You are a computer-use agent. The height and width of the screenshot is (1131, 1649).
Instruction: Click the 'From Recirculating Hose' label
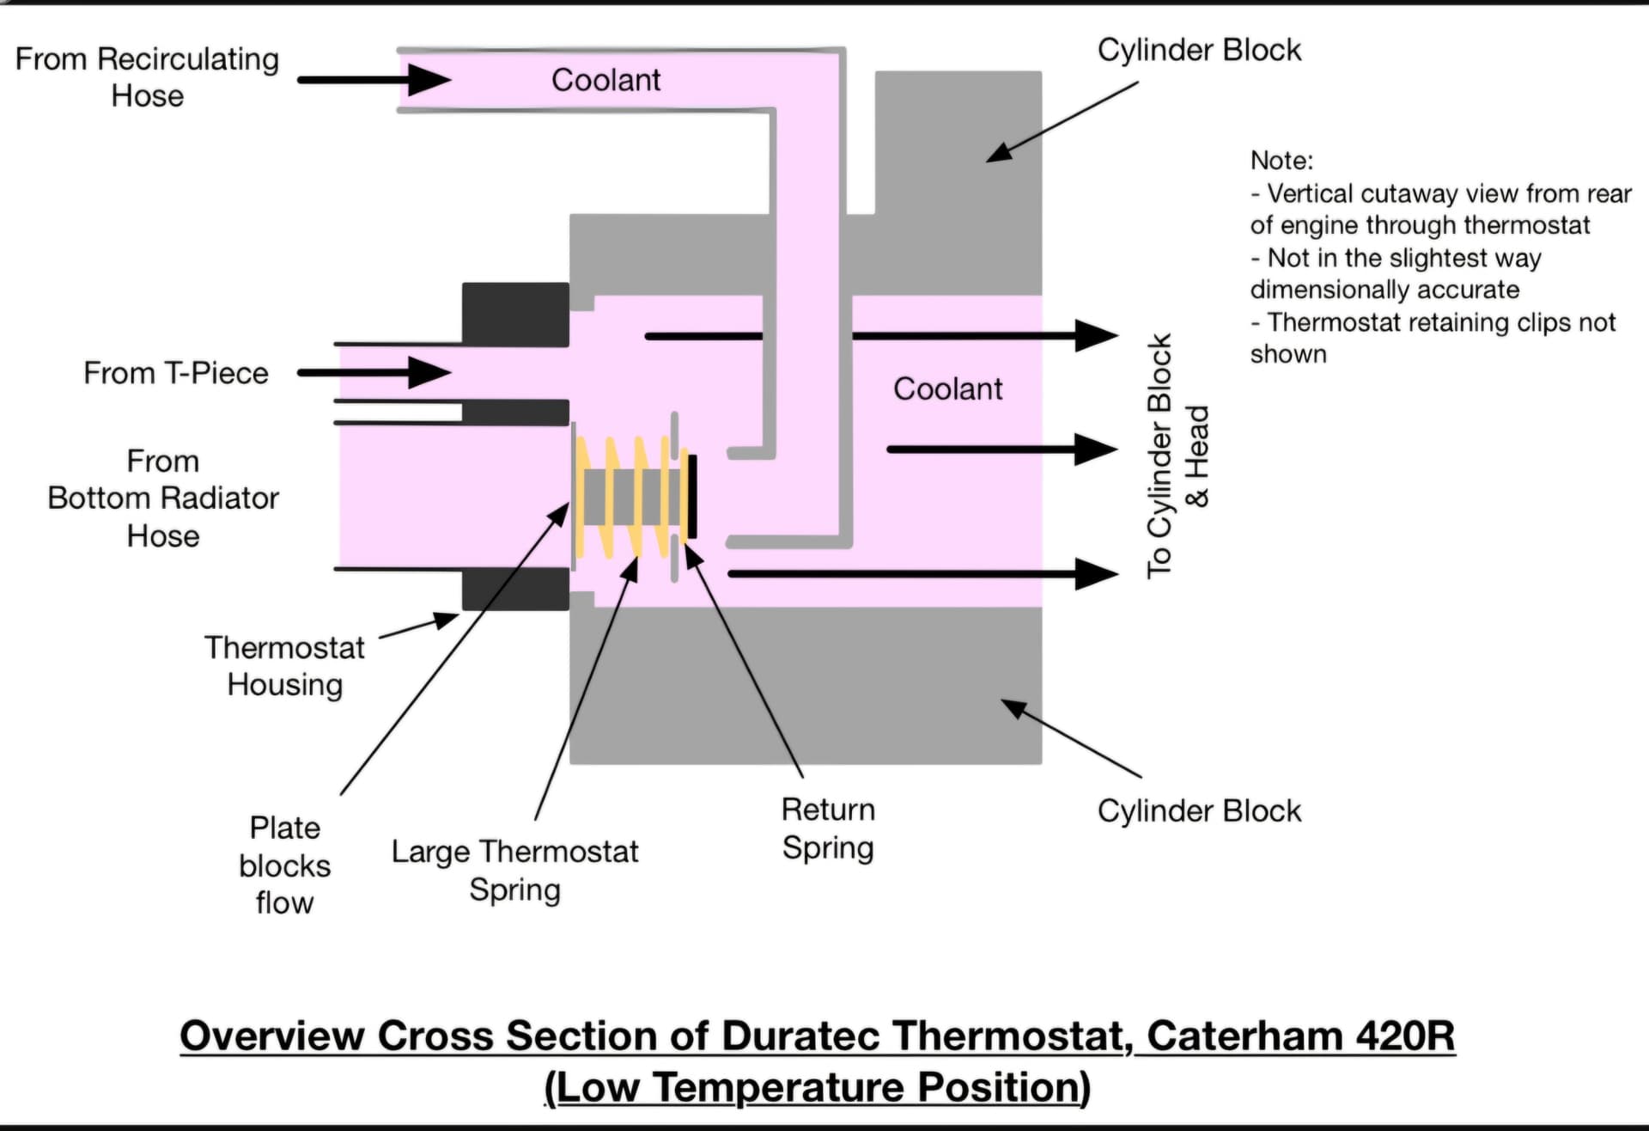pyautogui.click(x=147, y=77)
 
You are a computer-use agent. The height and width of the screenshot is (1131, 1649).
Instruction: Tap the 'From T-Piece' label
pyautogui.click(x=176, y=373)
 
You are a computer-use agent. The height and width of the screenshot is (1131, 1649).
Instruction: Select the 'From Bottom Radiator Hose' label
pyautogui.click(x=163, y=498)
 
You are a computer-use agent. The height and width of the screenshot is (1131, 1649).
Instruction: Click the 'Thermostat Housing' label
pyautogui.click(x=284, y=666)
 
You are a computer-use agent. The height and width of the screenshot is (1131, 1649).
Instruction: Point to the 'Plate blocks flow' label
pyautogui.click(x=284, y=865)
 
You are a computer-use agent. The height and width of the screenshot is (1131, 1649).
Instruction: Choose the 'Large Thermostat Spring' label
pyautogui.click(x=514, y=871)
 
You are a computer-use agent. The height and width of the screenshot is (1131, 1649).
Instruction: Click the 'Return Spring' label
pyautogui.click(x=828, y=828)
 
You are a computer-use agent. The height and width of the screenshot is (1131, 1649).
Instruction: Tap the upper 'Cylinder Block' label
pyautogui.click(x=1199, y=50)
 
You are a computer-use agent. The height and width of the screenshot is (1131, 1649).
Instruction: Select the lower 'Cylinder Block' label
pyautogui.click(x=1199, y=810)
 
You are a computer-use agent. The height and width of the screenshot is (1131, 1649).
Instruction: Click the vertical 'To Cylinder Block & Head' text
pyautogui.click(x=1177, y=455)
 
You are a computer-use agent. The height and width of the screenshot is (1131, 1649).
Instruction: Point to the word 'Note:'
pyautogui.click(x=1281, y=161)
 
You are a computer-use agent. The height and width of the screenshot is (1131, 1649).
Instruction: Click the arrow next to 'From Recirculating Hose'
pyautogui.click(x=374, y=80)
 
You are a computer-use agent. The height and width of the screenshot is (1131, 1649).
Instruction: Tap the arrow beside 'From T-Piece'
pyautogui.click(x=374, y=373)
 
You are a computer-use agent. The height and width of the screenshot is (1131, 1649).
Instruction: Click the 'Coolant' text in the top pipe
pyautogui.click(x=605, y=80)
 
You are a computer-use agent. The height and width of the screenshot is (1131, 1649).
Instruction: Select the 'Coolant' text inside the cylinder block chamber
pyautogui.click(x=947, y=388)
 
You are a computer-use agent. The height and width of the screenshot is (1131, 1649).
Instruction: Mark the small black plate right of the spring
pyautogui.click(x=692, y=497)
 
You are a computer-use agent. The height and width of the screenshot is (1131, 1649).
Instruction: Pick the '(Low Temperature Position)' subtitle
pyautogui.click(x=817, y=1087)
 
